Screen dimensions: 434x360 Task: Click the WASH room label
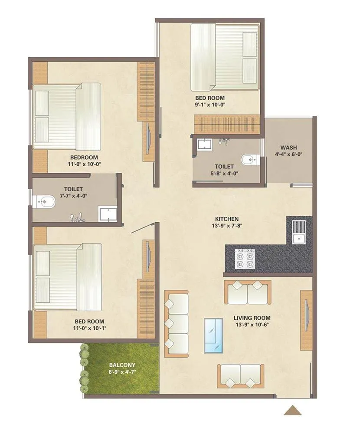(288, 147)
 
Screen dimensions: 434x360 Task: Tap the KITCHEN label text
(226, 219)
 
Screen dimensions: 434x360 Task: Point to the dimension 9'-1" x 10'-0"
(209, 105)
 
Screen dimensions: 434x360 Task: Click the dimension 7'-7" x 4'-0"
(73, 196)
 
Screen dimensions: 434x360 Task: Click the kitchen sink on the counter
(299, 232)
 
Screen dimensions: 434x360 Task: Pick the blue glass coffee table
(213, 336)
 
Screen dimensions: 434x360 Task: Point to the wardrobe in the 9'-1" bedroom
(228, 124)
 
